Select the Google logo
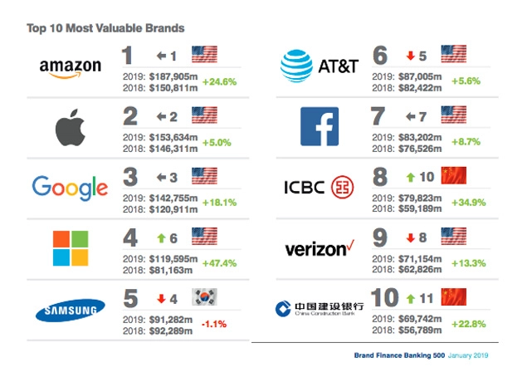70,187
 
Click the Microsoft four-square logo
70,248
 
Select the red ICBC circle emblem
343,187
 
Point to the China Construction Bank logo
319,309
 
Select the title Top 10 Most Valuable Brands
105,28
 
